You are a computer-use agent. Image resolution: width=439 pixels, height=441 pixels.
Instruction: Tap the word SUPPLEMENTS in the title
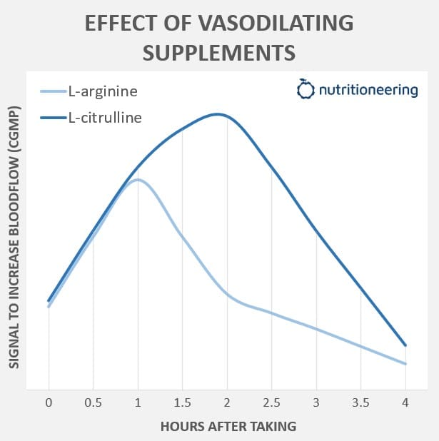tap(219, 53)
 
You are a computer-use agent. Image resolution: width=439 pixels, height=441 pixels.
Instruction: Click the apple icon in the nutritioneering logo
tap(306, 90)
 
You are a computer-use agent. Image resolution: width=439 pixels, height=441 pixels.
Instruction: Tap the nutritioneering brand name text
tap(368, 91)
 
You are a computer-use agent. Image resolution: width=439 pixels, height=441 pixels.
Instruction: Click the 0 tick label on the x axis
tap(49, 402)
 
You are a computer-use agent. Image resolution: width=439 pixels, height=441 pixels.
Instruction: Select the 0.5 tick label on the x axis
tap(93, 402)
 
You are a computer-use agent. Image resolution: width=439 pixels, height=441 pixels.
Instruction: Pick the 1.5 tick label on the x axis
tap(182, 402)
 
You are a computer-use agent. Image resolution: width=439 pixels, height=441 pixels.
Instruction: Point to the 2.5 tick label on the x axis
tap(271, 402)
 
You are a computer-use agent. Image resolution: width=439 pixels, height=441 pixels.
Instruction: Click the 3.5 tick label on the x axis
tap(360, 402)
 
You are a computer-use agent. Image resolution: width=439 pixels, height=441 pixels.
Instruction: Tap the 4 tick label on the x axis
tap(405, 402)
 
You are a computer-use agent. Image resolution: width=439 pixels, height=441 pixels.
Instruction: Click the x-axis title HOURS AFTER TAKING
tap(228, 426)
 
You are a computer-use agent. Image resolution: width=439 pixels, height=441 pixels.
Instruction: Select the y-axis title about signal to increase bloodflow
tap(14, 238)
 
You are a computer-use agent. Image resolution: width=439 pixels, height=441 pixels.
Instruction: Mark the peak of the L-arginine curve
tap(137, 179)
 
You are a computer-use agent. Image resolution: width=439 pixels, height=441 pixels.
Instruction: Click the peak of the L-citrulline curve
tap(218, 113)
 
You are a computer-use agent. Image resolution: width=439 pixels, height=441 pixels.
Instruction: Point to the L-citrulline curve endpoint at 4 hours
tap(405, 345)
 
